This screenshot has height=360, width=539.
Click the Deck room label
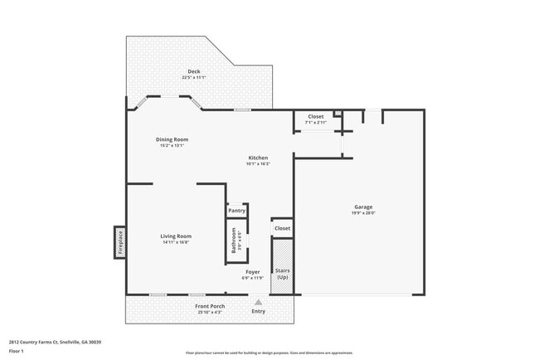[193, 71]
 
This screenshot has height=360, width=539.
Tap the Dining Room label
[172, 139]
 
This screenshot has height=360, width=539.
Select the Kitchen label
[258, 158]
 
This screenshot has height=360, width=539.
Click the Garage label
[363, 207]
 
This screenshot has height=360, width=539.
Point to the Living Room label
[176, 236]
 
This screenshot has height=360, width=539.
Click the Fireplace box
[119, 241]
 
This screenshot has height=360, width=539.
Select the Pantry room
[236, 211]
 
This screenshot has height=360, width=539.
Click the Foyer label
[253, 271]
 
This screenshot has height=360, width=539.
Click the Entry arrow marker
[259, 303]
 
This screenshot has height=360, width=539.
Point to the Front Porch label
[210, 306]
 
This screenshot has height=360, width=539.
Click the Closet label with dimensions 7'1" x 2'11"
[316, 122]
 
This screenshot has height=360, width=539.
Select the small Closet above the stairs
[282, 227]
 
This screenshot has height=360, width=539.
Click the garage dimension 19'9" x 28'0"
[363, 212]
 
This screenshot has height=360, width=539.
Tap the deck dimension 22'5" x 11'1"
[193, 77]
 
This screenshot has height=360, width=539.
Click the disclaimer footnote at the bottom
[269, 353]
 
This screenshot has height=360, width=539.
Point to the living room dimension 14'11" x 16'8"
[176, 242]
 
